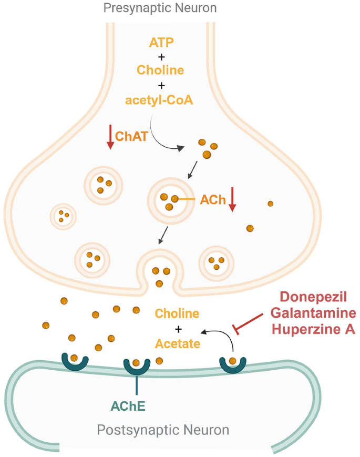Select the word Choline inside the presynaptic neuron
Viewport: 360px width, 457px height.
[161, 69]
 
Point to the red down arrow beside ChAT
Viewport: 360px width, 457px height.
[110, 137]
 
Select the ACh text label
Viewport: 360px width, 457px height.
[211, 200]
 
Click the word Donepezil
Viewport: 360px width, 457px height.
[313, 297]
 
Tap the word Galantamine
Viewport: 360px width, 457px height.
[313, 314]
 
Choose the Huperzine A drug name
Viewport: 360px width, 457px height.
[313, 330]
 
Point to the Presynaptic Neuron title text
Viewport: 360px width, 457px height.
[160, 8]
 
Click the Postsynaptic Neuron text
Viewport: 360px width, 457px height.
[163, 430]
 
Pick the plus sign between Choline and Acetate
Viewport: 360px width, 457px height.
[178, 329]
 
